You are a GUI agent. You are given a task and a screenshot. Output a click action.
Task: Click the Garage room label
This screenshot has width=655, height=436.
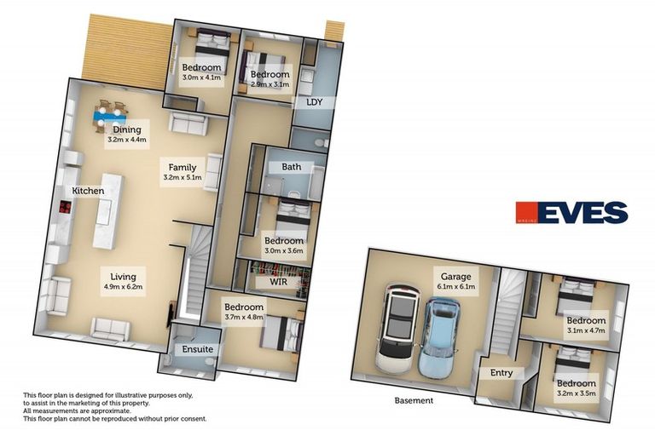pos(456,277)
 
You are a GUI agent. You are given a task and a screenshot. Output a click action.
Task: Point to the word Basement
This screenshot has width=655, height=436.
pos(414,400)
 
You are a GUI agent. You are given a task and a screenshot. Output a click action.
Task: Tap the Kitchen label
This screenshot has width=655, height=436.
pos(88,191)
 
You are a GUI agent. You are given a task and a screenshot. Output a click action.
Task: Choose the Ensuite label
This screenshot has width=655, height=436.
pos(198,349)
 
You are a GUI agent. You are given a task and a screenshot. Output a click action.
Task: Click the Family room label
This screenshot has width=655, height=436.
pos(183,168)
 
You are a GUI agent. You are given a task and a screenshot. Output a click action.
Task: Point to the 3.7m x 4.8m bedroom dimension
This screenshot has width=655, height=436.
pos(244,318)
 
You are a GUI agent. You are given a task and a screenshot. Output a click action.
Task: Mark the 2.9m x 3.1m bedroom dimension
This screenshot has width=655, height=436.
pos(270,85)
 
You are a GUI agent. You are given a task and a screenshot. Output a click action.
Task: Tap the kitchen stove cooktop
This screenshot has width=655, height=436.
pos(64,209)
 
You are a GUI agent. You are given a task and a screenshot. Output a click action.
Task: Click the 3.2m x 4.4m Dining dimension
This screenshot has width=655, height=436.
pos(127,140)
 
